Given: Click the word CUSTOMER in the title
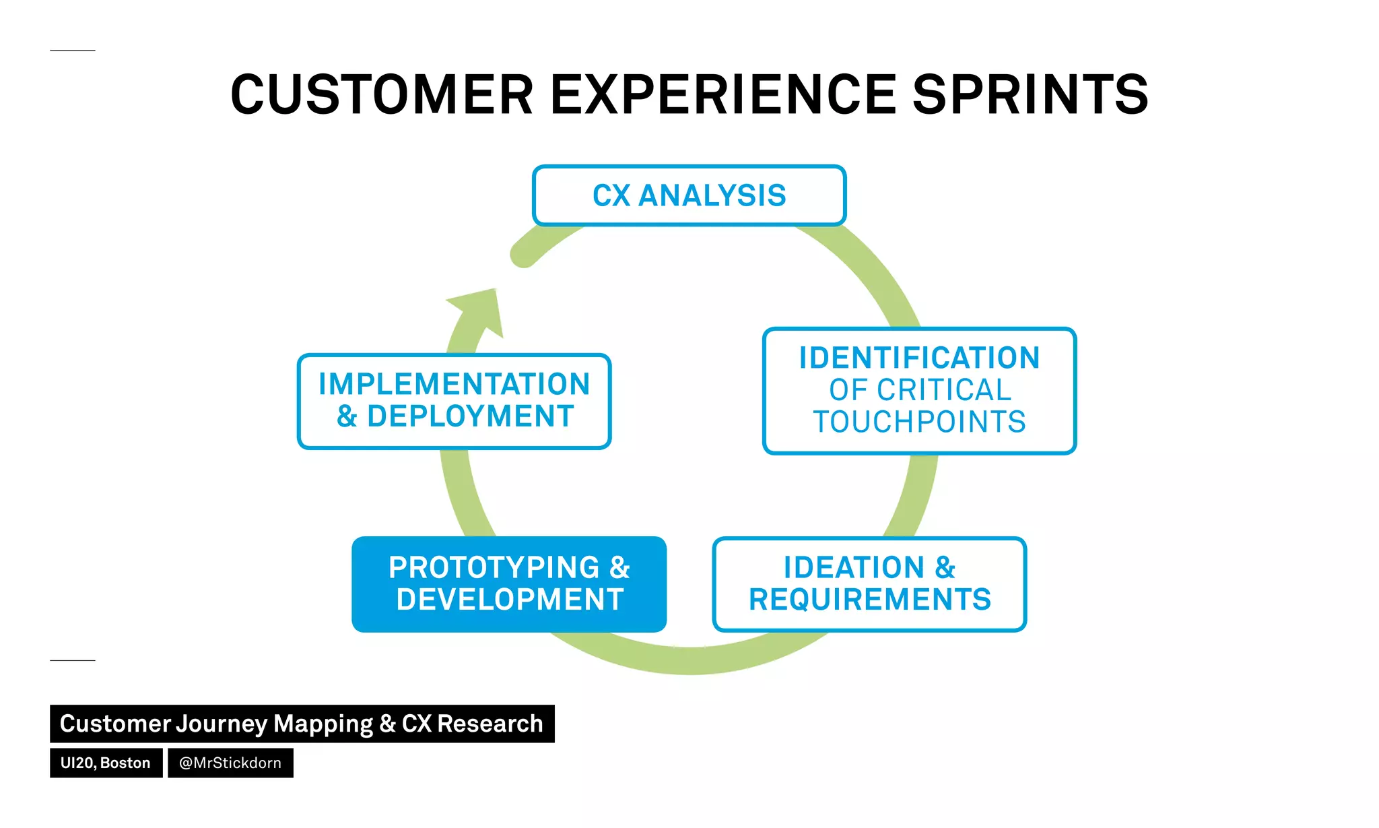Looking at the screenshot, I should point(382,95).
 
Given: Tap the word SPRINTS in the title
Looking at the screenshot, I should point(1030,95).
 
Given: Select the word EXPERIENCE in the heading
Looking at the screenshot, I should point(724,95).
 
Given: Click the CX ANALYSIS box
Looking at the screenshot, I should point(689,195).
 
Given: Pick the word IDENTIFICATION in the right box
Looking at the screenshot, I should point(919,358).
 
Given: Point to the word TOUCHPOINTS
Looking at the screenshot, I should point(919,422).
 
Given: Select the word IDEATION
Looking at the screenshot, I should point(854,567).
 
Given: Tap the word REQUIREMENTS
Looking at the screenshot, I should point(869,600).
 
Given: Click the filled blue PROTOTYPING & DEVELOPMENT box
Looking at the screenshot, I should point(509,583).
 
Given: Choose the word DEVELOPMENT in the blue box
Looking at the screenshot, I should point(510,600).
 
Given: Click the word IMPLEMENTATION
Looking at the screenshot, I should point(455,384).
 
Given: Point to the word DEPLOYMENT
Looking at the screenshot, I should point(470,416).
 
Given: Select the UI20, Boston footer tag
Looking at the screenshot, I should point(106,763).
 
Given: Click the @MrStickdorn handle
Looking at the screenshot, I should point(230,763).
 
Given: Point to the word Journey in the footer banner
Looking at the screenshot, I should point(222,724).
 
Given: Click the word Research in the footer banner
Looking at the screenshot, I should point(490,724).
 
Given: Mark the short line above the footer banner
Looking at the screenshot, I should point(73,660).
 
